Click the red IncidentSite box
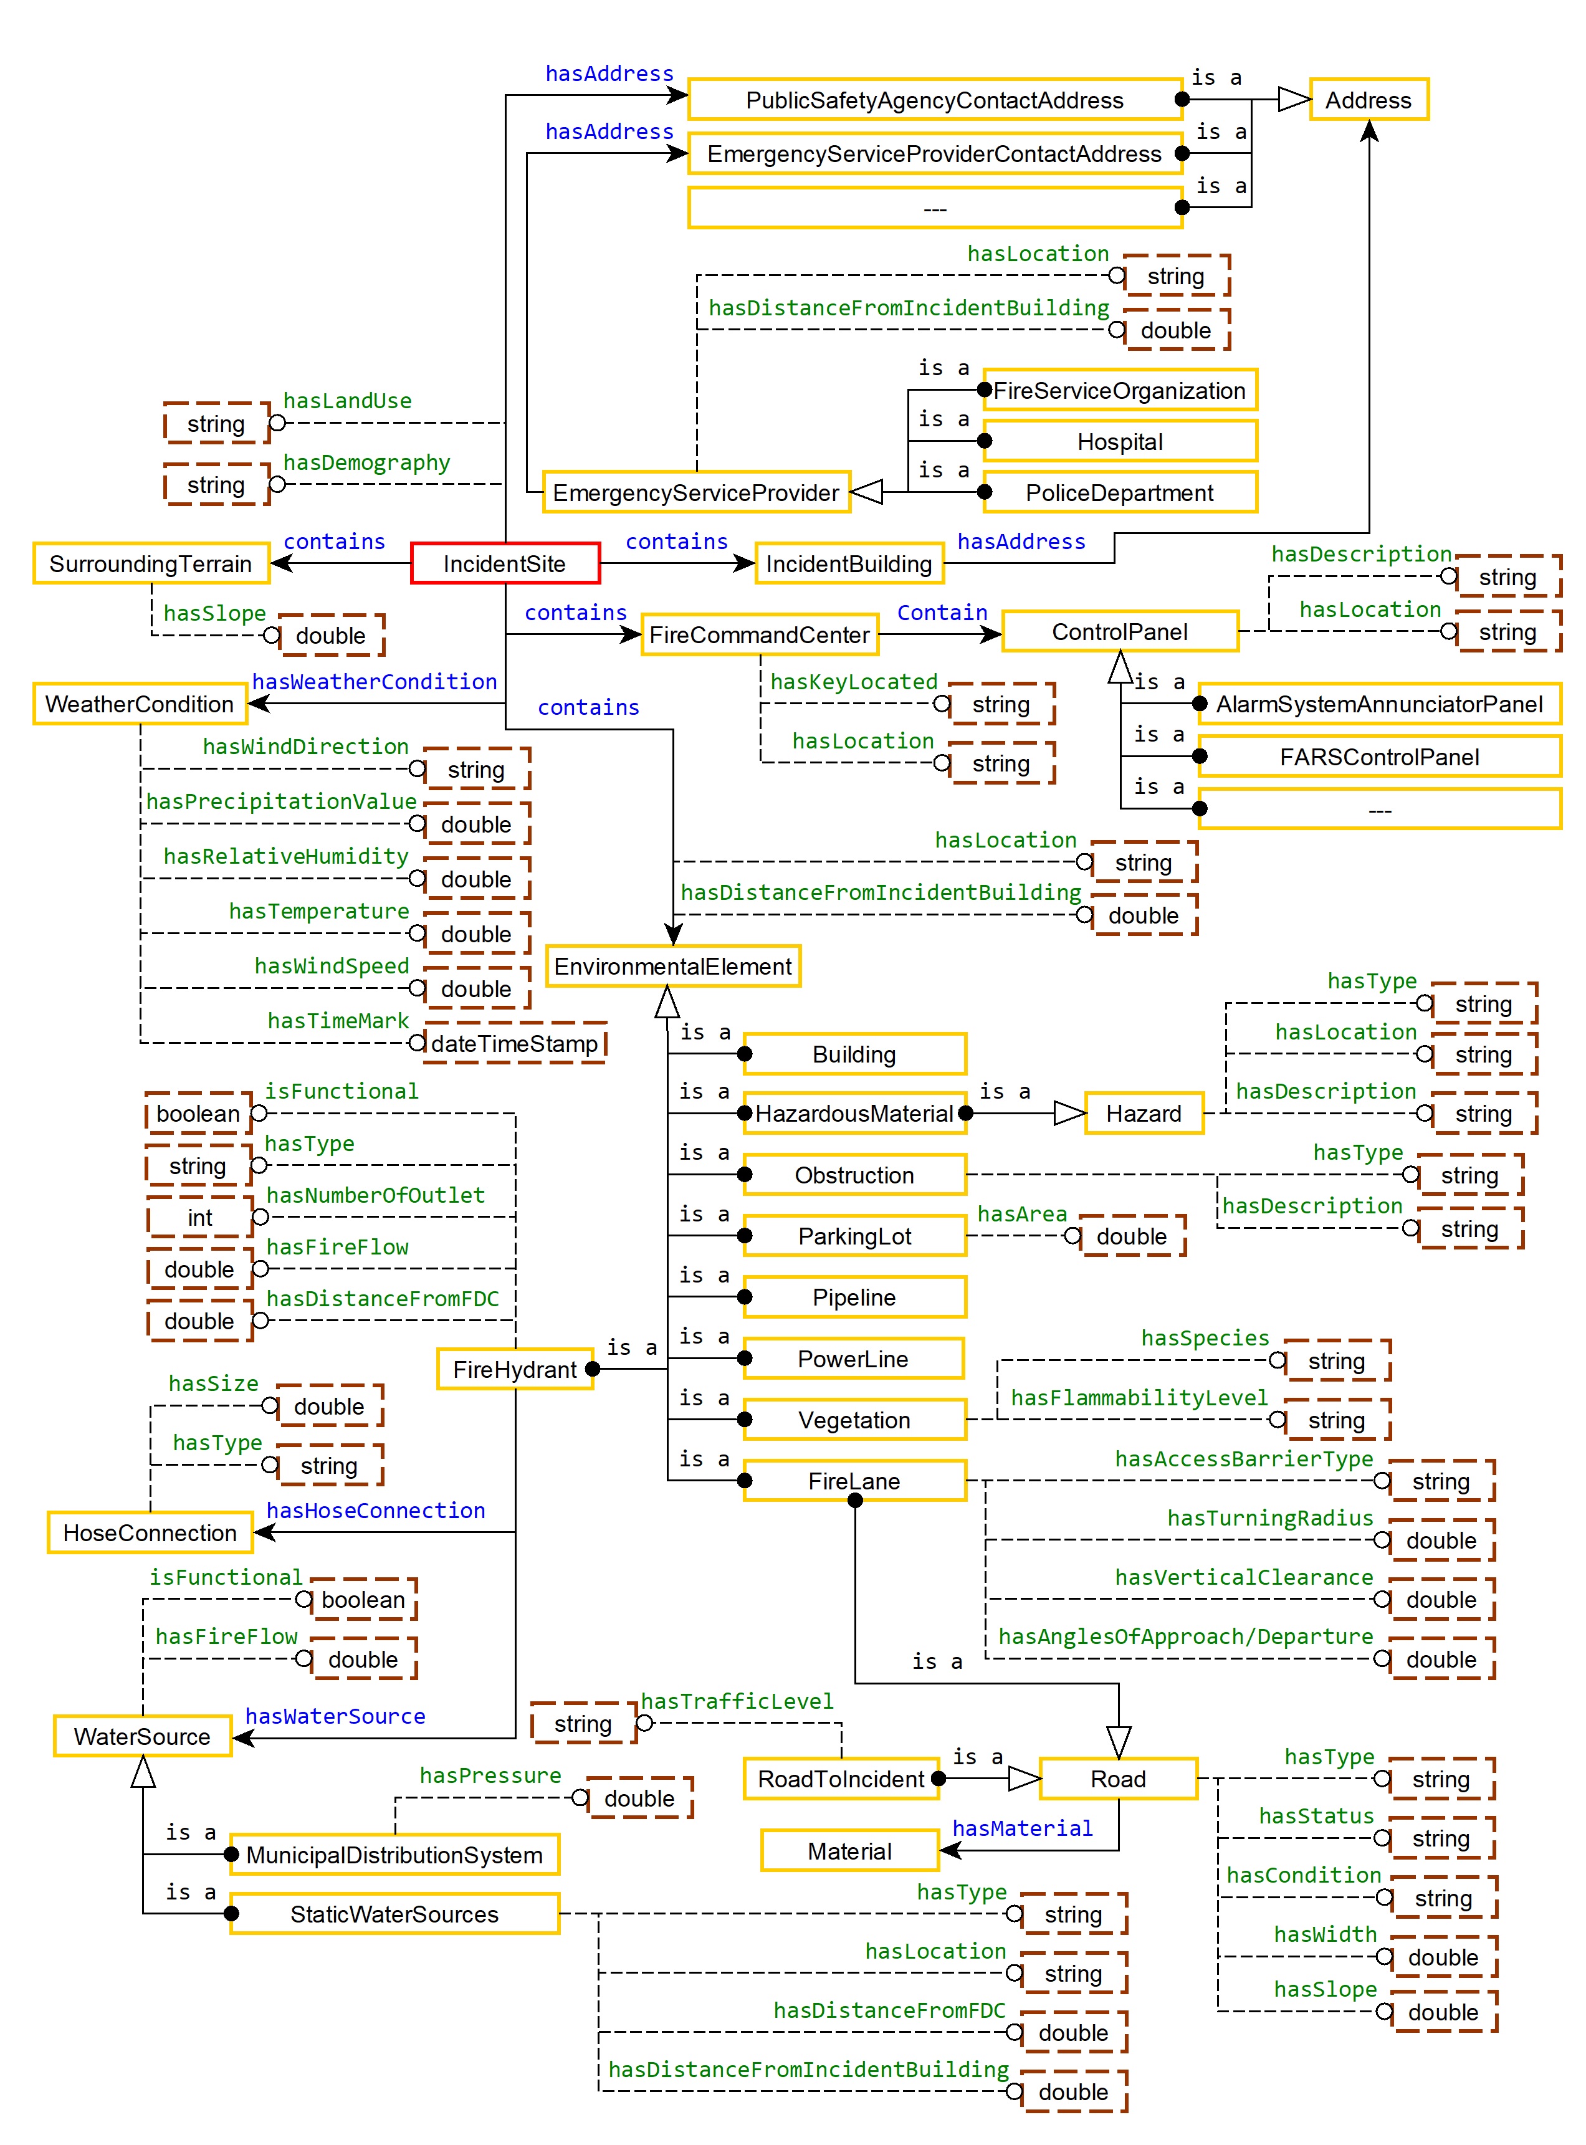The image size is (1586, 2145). coord(505,563)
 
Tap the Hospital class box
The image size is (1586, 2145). coord(1119,442)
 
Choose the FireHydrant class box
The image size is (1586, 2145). coord(515,1369)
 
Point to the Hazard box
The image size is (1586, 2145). coord(1144,1114)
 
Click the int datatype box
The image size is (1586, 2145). coord(199,1218)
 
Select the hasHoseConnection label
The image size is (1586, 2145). coord(375,1511)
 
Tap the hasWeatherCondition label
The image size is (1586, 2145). coord(375,682)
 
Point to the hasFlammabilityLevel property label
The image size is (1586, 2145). coord(1139,1398)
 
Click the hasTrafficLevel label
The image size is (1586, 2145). coord(737,1701)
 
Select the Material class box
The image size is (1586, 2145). coord(849,1851)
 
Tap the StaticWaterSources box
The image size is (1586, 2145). coord(394,1914)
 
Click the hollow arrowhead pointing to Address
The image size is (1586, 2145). coord(1294,100)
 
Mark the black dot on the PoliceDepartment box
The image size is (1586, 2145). coord(984,492)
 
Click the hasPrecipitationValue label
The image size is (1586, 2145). coord(281,801)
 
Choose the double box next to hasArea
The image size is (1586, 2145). coord(1131,1236)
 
